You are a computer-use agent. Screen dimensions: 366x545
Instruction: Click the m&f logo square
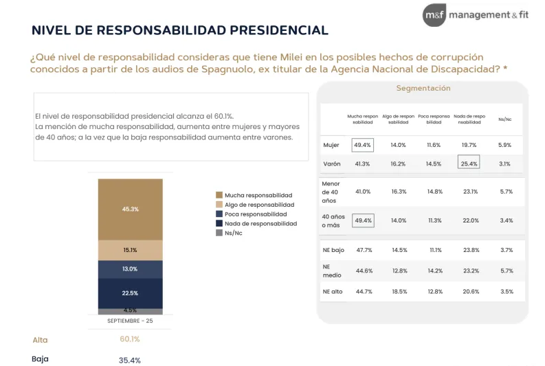(434, 14)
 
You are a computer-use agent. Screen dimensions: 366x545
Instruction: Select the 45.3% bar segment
(131, 209)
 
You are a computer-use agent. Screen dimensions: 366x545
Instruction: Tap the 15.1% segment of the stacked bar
(131, 250)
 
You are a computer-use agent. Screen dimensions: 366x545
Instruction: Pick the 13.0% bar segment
(131, 269)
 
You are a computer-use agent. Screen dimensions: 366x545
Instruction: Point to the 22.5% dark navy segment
(131, 293)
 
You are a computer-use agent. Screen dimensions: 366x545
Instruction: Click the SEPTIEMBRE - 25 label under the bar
(131, 321)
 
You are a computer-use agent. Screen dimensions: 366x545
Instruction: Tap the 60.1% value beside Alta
(130, 339)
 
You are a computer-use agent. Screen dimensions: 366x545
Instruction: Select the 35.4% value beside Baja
(130, 359)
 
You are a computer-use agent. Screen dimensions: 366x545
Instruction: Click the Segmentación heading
(423, 89)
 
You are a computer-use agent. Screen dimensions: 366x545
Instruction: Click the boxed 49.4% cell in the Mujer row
(362, 145)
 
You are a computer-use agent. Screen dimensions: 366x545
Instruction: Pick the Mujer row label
(331, 145)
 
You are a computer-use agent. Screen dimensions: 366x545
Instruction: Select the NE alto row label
(333, 291)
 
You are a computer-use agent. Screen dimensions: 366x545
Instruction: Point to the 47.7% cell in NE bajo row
(364, 250)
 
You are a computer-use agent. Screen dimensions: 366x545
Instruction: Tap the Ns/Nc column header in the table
(504, 119)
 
